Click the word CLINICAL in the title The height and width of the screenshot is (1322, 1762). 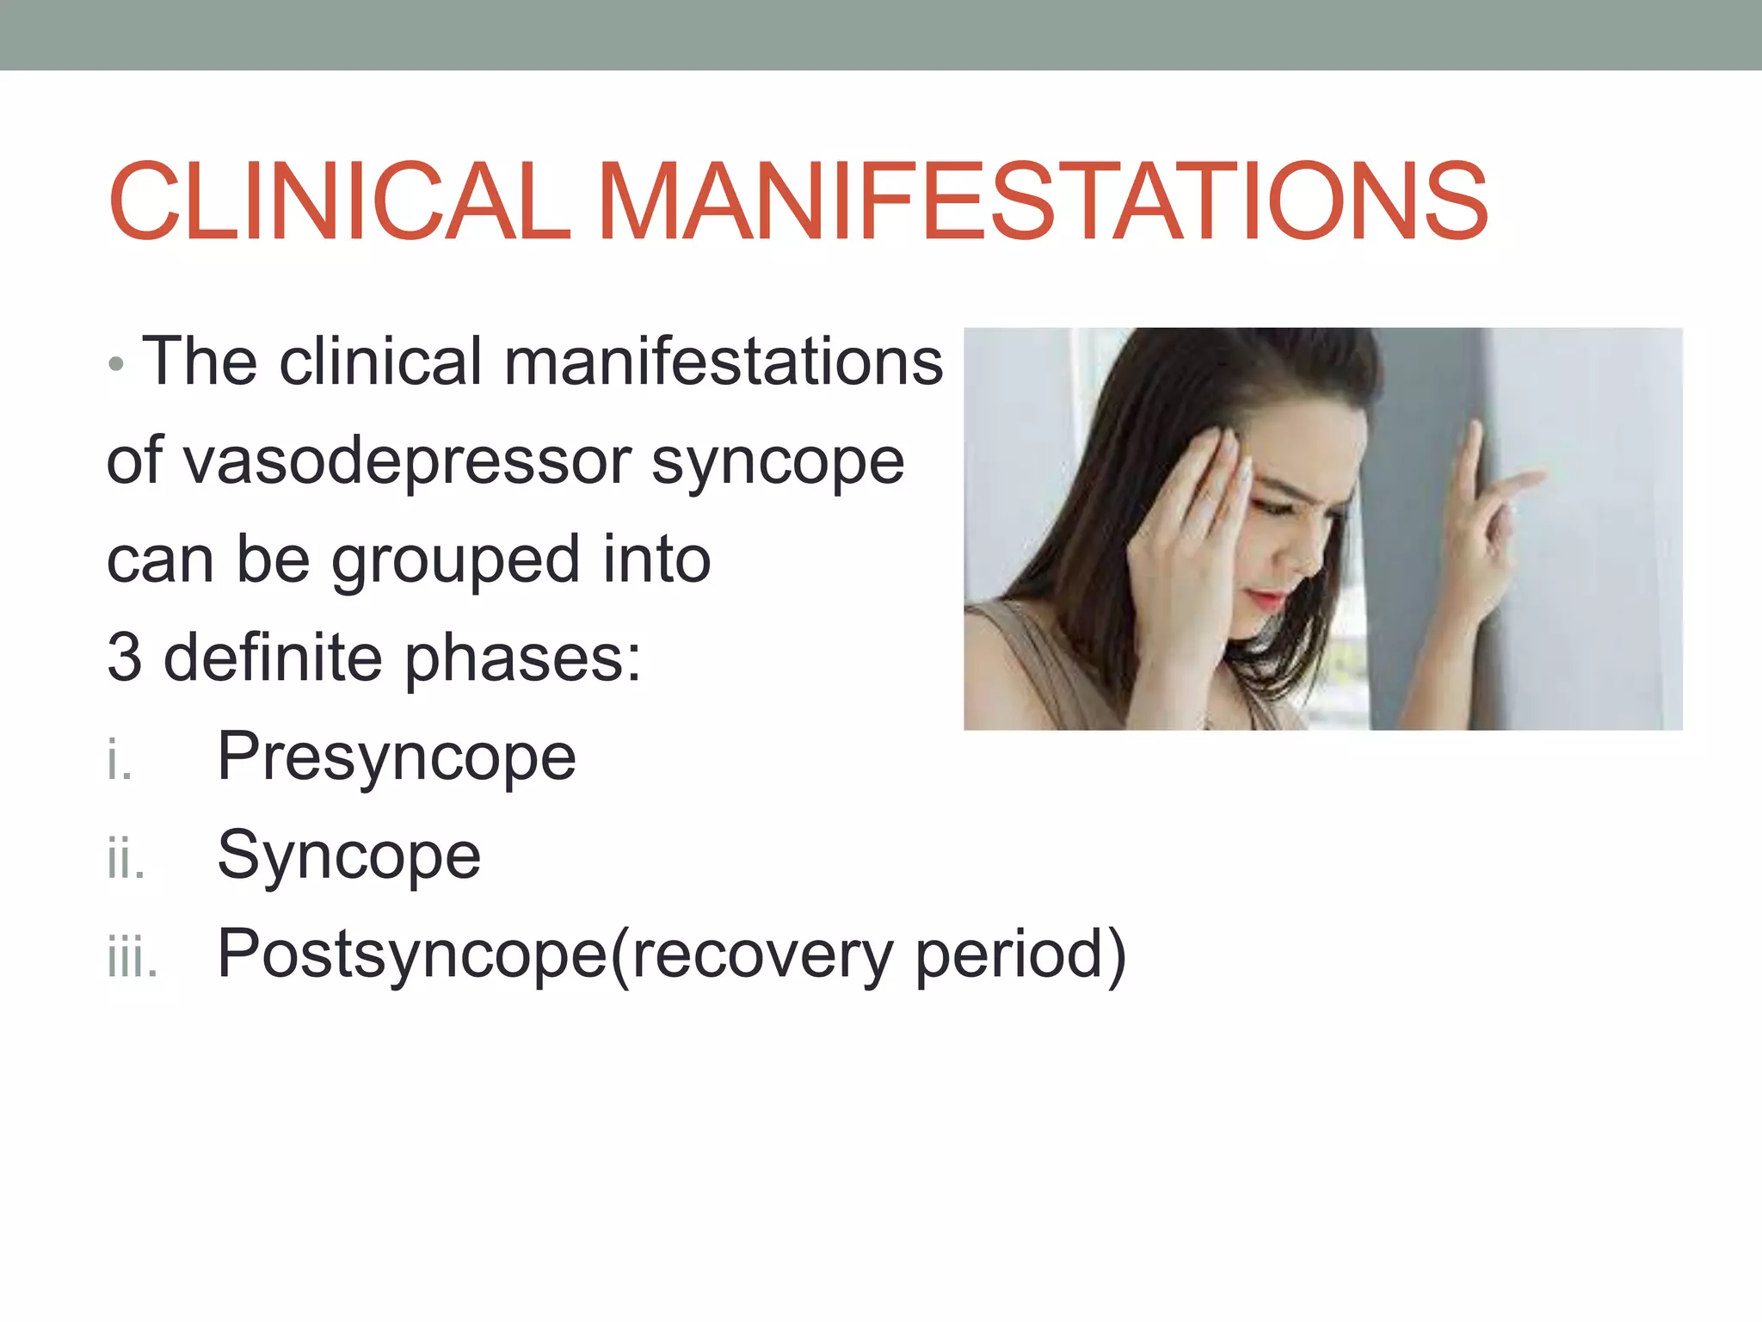click(339, 201)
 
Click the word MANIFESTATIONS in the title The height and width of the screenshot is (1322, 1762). click(1042, 201)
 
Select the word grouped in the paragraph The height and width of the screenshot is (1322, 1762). click(455, 561)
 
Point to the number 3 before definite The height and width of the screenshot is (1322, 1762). click(124, 658)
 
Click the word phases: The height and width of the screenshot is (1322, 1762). click(523, 659)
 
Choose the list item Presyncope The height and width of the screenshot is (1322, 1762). click(396, 757)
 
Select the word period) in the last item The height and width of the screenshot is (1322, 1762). click(1020, 955)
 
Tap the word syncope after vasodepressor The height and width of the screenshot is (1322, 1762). click(778, 463)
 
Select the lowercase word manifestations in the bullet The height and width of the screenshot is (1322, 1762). click(723, 361)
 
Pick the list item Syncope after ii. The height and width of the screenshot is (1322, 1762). click(348, 856)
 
